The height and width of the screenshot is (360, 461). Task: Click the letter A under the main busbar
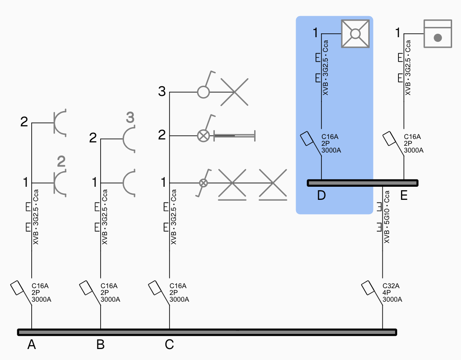32,345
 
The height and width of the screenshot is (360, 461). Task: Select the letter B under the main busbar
100,345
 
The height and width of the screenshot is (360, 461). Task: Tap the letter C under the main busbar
169,345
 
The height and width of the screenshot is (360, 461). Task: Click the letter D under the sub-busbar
322,196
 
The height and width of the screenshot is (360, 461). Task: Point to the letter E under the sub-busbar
404,196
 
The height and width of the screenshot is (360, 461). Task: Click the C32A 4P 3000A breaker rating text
392,293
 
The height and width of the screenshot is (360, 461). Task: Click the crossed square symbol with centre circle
356,33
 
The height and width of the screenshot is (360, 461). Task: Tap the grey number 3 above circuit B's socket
130,117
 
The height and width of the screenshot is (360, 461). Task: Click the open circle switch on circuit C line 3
203,92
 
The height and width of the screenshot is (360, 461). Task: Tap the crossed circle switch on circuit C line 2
203,136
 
